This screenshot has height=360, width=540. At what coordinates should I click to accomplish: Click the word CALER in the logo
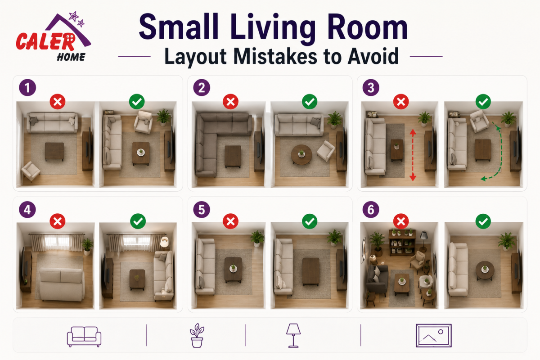coord(46,41)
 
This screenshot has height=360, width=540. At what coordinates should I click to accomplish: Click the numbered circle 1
coord(28,88)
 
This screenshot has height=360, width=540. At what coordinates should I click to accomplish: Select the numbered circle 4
coord(27,210)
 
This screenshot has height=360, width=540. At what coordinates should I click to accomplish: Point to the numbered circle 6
coord(371,210)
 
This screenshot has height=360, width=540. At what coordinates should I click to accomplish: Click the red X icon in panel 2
coord(230,102)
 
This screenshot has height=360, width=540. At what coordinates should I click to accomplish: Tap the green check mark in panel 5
coord(310,221)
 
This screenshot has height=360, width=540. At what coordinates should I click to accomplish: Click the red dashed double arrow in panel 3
coord(413,155)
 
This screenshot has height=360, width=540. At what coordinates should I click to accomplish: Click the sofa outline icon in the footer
coord(84,337)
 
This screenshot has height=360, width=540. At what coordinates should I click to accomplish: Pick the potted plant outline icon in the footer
coord(197,335)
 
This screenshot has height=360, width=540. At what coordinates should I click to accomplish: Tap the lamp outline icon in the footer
coord(293,335)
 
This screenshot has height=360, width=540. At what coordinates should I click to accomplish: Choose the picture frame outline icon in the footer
coord(434,335)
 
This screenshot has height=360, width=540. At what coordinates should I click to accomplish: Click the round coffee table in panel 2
coord(301,155)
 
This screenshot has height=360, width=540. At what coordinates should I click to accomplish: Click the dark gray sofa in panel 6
coord(377,279)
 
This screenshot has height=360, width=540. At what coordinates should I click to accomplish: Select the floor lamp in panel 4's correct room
coord(164,243)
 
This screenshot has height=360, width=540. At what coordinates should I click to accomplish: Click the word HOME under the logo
coord(71,57)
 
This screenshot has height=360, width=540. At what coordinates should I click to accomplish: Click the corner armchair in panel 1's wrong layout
coord(31,171)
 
